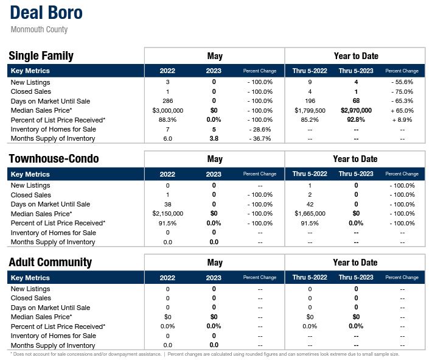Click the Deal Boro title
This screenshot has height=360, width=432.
(x=47, y=13)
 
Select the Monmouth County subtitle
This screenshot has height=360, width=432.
(x=40, y=30)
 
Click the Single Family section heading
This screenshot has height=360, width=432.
(x=41, y=56)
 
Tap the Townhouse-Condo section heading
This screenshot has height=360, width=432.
(x=54, y=159)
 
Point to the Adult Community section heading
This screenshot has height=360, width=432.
(x=50, y=263)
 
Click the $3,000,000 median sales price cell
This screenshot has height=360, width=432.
(x=168, y=111)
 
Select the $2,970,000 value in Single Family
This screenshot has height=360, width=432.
(x=356, y=111)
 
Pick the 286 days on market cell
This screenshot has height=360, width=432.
(x=168, y=101)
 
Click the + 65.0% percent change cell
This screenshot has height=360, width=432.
(x=402, y=111)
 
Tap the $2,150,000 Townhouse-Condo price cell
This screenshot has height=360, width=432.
(x=168, y=214)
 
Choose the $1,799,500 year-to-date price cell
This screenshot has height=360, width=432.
(x=310, y=111)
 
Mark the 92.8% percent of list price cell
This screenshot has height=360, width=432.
(x=356, y=120)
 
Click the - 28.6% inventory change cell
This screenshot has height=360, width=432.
(x=260, y=130)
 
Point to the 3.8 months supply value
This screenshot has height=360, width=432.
(x=214, y=139)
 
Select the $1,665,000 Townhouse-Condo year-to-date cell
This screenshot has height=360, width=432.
(x=310, y=214)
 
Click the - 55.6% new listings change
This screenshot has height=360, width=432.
(x=402, y=82)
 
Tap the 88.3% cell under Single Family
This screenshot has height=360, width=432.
(x=168, y=120)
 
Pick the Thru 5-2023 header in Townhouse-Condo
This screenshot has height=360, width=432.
(x=356, y=174)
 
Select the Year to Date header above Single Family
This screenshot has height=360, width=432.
(x=356, y=56)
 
